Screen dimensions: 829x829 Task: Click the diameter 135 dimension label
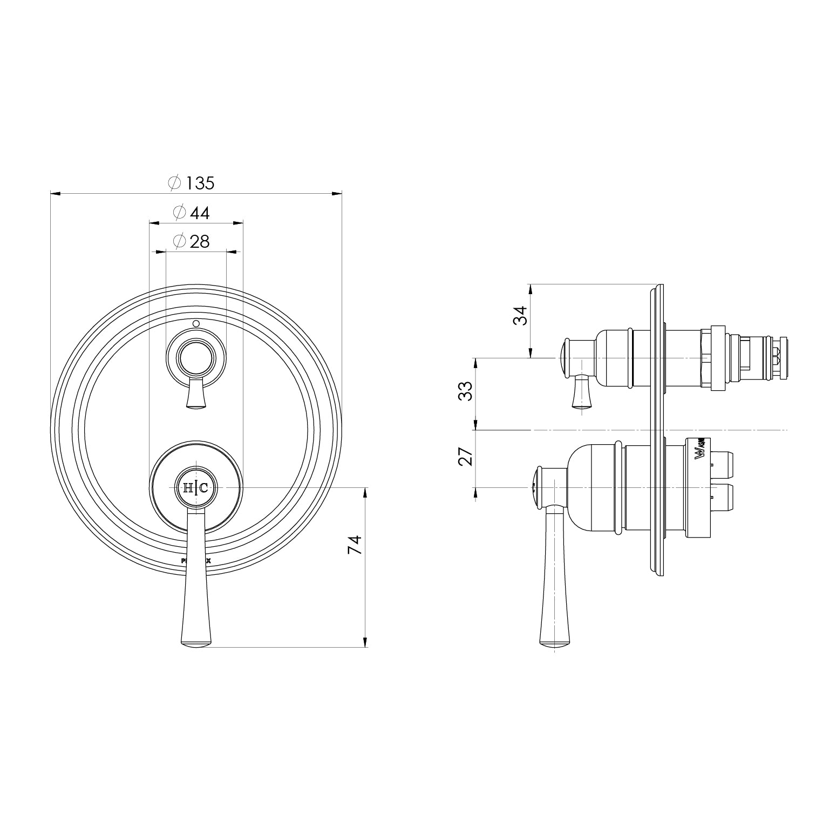click(192, 183)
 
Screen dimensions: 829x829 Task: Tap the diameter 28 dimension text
click(192, 241)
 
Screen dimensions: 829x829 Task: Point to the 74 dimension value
click(354, 545)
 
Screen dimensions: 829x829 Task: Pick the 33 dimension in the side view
click(465, 390)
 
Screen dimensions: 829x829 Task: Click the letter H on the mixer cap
click(188, 488)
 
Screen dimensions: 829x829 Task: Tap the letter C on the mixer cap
click(203, 488)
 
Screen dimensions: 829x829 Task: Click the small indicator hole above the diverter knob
click(196, 324)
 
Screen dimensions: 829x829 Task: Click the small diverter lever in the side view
click(582, 394)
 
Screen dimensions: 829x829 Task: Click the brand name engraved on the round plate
click(195, 561)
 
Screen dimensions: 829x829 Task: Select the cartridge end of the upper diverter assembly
click(780, 358)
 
